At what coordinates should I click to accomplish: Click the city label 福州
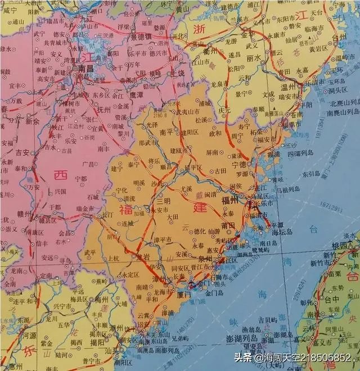coord(230,200)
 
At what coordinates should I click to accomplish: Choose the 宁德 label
coord(239,165)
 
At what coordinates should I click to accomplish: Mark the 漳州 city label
coord(159,279)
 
